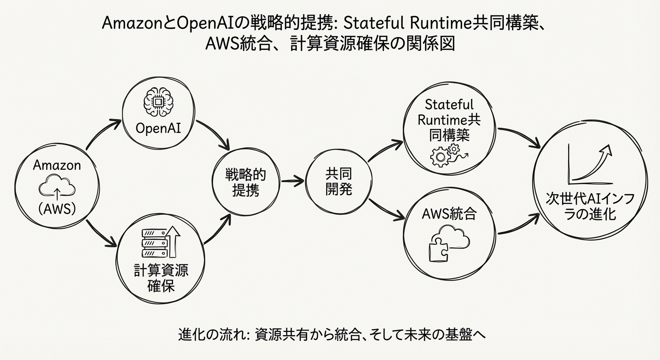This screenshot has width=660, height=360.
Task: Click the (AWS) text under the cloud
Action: click(x=57, y=210)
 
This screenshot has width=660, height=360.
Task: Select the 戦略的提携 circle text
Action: click(x=246, y=183)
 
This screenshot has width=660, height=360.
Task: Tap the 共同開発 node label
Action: click(x=339, y=182)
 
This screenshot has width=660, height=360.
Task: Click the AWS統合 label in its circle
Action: click(x=449, y=215)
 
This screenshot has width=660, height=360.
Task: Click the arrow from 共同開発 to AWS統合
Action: click(x=386, y=210)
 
